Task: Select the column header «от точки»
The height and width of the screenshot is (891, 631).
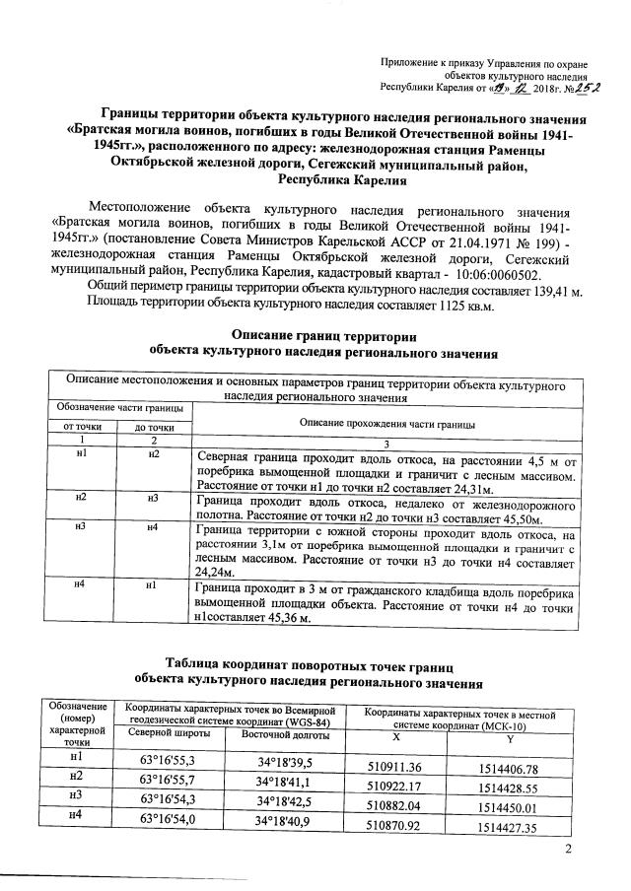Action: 82,427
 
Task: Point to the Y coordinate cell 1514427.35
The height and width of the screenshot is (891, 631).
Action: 506,828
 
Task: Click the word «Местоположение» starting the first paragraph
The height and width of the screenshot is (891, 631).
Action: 139,209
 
